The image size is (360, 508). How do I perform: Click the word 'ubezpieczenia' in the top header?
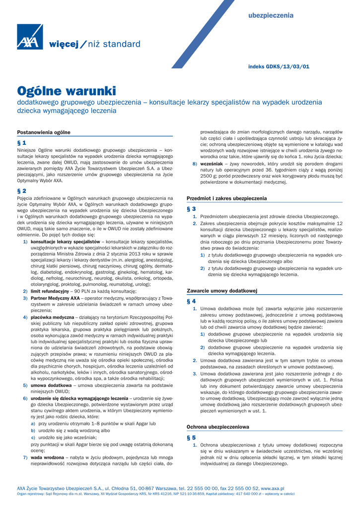pyautogui.click(x=271, y=16)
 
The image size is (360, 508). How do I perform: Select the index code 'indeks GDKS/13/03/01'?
pyautogui.click(x=279, y=66)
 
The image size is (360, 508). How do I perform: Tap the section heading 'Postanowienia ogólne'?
pyautogui.click(x=44, y=132)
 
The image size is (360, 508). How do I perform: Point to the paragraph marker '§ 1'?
pyautogui.click(x=22, y=142)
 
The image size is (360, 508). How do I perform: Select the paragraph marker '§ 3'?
pyautogui.click(x=191, y=209)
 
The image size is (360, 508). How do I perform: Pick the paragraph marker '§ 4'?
pyautogui.click(x=191, y=301)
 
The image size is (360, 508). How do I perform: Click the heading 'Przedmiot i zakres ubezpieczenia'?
pyautogui.click(x=226, y=198)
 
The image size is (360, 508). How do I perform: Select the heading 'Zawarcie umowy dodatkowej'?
pyautogui.click(x=221, y=291)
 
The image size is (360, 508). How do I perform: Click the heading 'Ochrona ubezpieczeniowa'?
pyautogui.click(x=217, y=427)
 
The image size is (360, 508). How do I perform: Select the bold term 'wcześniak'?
pyautogui.click(x=211, y=164)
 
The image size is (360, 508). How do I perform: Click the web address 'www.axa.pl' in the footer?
pyautogui.click(x=273, y=489)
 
